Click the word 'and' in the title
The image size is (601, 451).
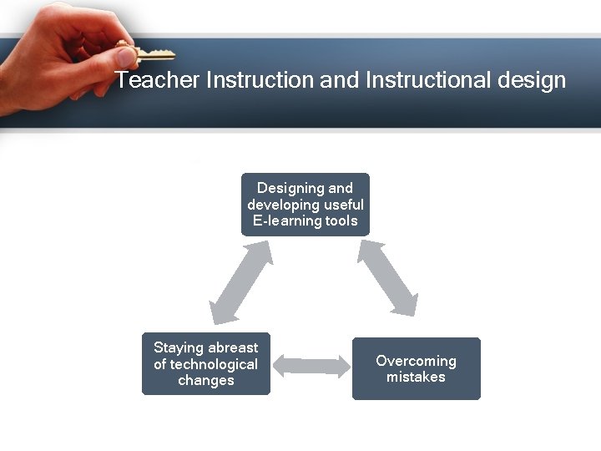(340, 80)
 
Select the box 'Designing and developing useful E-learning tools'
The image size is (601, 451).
(306, 205)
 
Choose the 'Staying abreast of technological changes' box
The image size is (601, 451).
(206, 364)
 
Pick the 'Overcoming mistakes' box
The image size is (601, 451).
(417, 368)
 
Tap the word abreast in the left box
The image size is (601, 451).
(233, 347)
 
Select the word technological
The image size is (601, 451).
(215, 364)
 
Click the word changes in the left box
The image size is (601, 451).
(206, 381)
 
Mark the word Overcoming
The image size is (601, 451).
(417, 361)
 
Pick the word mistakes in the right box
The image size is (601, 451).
(417, 378)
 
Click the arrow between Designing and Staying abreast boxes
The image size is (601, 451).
(242, 282)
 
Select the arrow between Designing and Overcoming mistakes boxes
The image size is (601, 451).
(387, 278)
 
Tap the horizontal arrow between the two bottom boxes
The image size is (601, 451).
(311, 365)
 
